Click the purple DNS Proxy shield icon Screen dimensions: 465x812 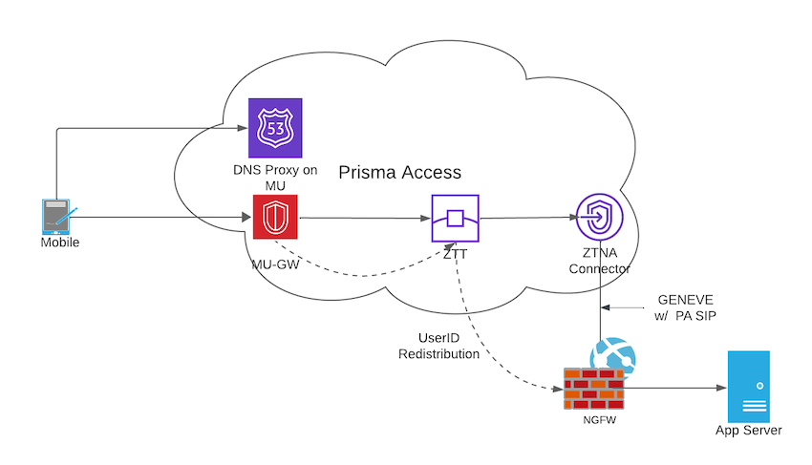pos(273,127)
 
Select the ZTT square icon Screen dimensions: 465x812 pos(455,219)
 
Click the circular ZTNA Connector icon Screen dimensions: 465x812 pos(600,219)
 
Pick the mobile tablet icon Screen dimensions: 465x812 pos(57,217)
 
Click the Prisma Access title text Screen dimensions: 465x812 pos(400,173)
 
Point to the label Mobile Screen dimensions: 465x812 pos(59,243)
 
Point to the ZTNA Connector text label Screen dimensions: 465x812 pos(599,262)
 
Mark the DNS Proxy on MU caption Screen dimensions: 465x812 pos(273,178)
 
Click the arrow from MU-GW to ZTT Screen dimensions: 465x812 pos(363,219)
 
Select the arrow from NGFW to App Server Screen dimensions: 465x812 pos(673,389)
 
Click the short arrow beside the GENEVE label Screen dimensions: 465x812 pos(627,307)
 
